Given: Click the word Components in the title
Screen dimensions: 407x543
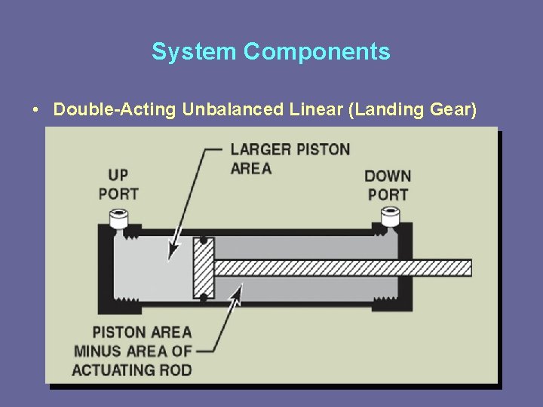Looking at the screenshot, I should click(x=317, y=51).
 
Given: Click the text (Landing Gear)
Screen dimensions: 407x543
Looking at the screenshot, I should click(x=412, y=110).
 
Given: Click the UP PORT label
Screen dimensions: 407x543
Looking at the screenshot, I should click(x=118, y=185).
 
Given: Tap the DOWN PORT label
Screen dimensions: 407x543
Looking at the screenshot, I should click(x=388, y=185).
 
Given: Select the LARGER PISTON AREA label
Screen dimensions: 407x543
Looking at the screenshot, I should click(x=290, y=158).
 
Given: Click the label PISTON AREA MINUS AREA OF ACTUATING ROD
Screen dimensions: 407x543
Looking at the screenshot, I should click(x=133, y=350).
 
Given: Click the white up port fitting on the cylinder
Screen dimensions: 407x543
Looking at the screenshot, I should click(x=118, y=219).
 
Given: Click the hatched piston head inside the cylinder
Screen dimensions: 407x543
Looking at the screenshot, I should click(x=204, y=268).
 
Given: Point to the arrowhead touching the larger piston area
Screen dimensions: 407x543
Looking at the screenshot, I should click(x=174, y=251).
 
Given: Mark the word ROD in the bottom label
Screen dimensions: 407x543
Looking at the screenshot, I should click(x=176, y=369).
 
